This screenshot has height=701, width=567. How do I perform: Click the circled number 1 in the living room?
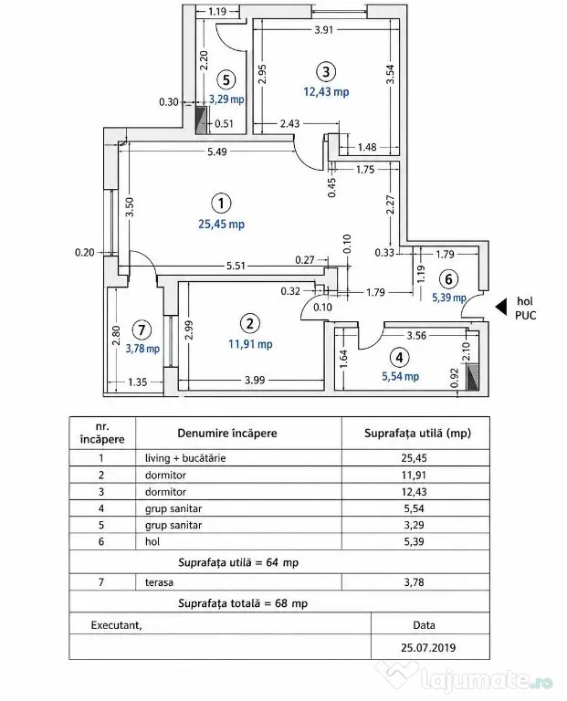(x=221, y=204)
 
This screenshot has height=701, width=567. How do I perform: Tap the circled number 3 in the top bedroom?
(x=326, y=72)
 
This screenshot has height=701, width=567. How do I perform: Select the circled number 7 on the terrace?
(x=142, y=330)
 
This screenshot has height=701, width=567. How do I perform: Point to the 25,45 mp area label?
(x=221, y=224)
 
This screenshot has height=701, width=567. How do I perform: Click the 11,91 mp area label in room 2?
(x=250, y=344)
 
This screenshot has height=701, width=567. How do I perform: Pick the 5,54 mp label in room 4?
(x=400, y=376)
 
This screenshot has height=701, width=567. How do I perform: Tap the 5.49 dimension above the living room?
(x=217, y=152)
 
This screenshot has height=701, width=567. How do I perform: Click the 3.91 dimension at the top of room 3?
(x=324, y=30)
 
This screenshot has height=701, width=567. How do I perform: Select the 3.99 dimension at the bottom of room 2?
(x=255, y=380)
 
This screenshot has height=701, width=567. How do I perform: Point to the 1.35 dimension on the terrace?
(x=137, y=382)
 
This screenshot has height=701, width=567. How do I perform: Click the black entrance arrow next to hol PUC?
(x=501, y=307)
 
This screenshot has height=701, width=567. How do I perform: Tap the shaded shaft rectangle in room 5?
(x=202, y=120)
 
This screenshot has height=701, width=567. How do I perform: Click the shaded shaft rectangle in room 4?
(x=472, y=377)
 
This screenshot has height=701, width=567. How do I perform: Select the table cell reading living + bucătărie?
(x=185, y=458)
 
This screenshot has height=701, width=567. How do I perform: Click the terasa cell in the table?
(x=159, y=582)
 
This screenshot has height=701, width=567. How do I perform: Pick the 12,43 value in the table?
(x=415, y=492)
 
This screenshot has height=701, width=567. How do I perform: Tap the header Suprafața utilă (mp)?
(x=417, y=434)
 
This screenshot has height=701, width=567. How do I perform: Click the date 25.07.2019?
(x=428, y=647)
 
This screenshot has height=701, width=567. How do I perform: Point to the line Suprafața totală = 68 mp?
(x=243, y=603)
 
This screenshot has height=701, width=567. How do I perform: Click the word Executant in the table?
(x=116, y=625)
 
